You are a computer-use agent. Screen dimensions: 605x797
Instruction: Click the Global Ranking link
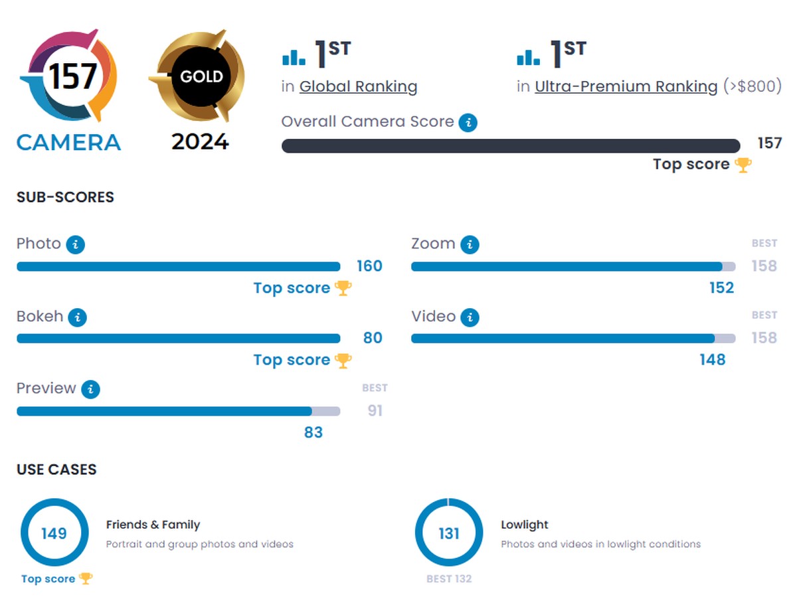pos(358,86)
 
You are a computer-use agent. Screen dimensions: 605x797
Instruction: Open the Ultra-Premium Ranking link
pos(626,86)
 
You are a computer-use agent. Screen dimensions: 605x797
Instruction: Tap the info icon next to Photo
pos(76,245)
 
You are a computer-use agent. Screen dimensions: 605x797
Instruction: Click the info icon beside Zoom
pos(470,245)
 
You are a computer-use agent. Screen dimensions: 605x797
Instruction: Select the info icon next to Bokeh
pos(78,317)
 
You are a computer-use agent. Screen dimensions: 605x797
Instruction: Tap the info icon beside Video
pos(470,317)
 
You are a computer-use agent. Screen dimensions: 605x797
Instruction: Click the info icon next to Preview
pos(91,389)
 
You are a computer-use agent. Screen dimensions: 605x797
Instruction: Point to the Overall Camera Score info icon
pos(468,123)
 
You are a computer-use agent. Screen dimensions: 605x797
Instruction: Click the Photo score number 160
pos(369,266)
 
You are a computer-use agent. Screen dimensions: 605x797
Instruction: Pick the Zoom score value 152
pos(721,288)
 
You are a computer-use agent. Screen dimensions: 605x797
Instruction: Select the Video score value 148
pos(712,360)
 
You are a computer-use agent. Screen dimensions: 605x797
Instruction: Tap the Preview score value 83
pos(313,432)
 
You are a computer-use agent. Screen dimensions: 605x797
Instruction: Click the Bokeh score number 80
pos(373,338)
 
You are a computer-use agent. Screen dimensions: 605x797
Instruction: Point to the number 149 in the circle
pos(54,533)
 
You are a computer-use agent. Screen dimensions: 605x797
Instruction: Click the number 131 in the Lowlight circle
pos(449,533)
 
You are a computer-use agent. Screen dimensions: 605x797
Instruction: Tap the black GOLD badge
pos(201,76)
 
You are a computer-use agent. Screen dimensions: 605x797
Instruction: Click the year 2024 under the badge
pos(200,141)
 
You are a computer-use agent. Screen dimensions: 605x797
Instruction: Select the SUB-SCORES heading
pos(65,197)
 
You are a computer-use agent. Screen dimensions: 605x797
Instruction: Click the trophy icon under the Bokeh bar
pos(343,360)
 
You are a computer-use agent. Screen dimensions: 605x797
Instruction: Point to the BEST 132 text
pos(449,578)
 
